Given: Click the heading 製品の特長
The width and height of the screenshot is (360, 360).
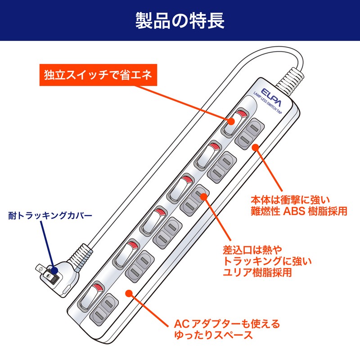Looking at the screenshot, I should (x=180, y=21).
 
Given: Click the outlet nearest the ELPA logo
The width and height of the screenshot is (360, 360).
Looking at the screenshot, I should (x=249, y=133).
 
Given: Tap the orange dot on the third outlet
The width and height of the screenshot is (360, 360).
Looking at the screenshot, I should (x=203, y=196).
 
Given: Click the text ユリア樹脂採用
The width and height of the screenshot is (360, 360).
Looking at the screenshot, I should (x=258, y=273).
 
